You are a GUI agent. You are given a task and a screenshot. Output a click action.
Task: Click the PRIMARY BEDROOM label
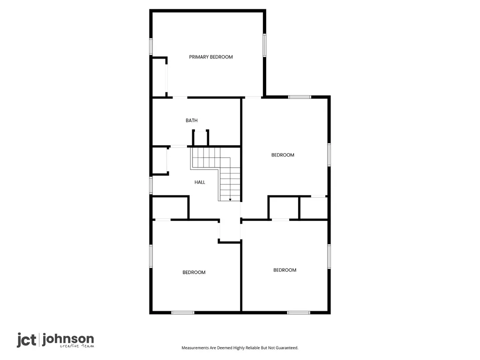point(210,57)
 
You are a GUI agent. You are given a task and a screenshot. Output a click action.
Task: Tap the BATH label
point(192,120)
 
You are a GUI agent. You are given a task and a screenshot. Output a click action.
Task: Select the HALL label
point(200,182)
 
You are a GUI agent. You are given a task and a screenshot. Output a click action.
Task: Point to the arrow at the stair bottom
point(230,200)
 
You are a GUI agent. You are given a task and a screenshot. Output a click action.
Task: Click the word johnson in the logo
point(68,339)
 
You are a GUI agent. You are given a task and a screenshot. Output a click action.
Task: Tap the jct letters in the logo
point(26,340)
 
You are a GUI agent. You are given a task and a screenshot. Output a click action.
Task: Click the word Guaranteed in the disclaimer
point(287,348)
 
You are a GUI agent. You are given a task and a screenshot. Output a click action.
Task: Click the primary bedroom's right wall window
point(264,45)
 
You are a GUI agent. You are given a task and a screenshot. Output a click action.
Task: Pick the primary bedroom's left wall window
point(151,46)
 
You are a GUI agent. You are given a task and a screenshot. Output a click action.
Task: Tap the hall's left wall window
point(151,185)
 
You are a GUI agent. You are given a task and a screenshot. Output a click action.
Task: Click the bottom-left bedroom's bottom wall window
point(183,313)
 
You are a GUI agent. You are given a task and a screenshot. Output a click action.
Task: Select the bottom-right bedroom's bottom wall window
point(299,313)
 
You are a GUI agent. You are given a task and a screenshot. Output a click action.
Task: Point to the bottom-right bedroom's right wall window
point(329,256)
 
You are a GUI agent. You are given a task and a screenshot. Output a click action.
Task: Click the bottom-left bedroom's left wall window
point(151,256)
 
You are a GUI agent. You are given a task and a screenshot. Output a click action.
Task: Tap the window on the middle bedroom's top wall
point(300,97)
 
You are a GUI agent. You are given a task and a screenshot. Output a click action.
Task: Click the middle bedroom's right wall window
point(329,155)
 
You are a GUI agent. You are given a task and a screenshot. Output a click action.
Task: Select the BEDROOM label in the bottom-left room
point(194,272)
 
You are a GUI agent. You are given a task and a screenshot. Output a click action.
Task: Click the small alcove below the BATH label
point(201,138)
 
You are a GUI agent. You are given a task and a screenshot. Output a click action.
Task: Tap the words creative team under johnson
point(77,346)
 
